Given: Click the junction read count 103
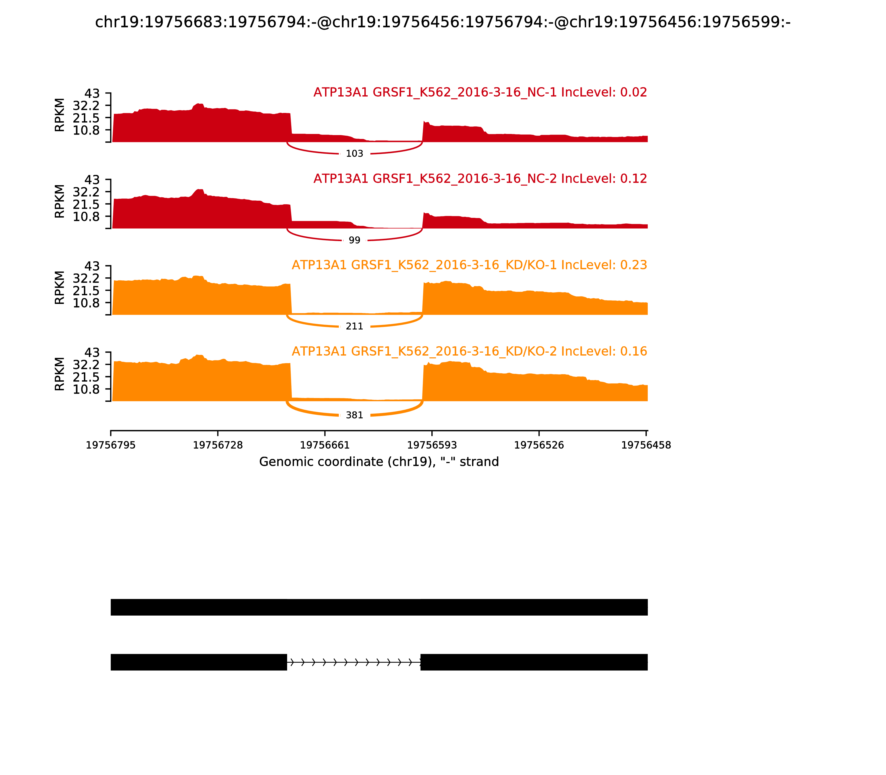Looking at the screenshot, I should [x=354, y=154].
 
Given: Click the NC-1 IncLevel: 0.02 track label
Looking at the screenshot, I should [x=480, y=92].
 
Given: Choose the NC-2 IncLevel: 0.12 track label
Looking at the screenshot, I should [x=480, y=179].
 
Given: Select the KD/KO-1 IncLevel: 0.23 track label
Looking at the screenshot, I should [x=469, y=265].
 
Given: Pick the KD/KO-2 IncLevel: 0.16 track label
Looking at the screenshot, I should [x=469, y=351].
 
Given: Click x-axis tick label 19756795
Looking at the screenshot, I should [x=111, y=445].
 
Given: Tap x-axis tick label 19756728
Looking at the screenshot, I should [x=218, y=445].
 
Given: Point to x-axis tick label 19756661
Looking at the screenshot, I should [x=325, y=445].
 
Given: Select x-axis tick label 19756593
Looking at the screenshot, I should [x=432, y=445].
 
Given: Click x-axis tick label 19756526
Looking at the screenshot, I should [x=539, y=445].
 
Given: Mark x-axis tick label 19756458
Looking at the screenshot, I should [x=646, y=445].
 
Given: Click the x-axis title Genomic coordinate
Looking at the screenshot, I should [x=379, y=462].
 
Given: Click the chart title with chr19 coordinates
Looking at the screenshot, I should [x=442, y=22].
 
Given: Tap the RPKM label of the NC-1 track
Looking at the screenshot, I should [x=60, y=115].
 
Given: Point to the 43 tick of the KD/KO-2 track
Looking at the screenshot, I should [x=92, y=352].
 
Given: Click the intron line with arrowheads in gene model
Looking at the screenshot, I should [x=354, y=662].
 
